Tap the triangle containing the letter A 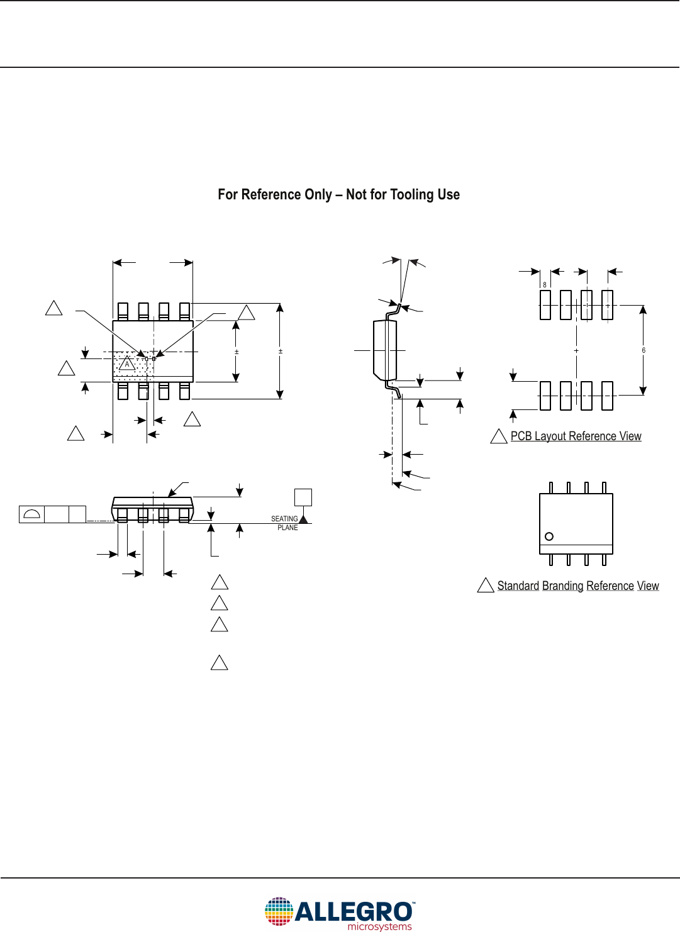(x=127, y=363)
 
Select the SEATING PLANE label (x=285, y=523)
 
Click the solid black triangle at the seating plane (x=303, y=519)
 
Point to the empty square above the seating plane (x=303, y=497)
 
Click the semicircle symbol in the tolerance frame (x=31, y=514)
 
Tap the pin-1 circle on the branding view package (x=549, y=536)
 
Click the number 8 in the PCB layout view (x=545, y=285)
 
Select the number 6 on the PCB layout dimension (x=644, y=350)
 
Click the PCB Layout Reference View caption (x=576, y=436)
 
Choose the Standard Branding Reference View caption (x=577, y=585)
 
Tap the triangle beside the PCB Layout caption (x=499, y=436)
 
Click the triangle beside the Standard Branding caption (x=486, y=586)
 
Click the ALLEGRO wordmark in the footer (x=354, y=911)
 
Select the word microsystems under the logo (x=379, y=926)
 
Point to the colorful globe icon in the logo (x=279, y=911)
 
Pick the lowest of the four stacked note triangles (x=219, y=663)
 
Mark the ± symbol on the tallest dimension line (x=281, y=351)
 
